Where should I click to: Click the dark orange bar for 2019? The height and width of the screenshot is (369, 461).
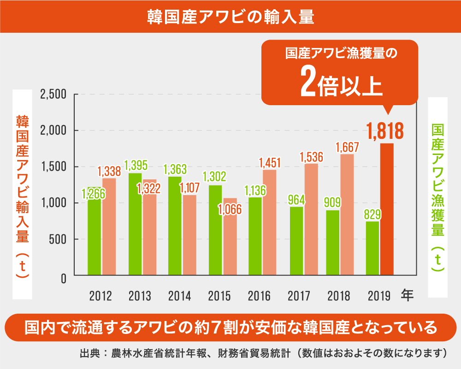[387, 210]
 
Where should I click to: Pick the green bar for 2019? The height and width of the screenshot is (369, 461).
[372, 249]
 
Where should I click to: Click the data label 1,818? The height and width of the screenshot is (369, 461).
[385, 131]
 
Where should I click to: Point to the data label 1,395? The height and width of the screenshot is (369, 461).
[136, 165]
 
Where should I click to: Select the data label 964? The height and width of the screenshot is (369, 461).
[296, 201]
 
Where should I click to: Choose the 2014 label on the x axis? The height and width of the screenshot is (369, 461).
[179, 296]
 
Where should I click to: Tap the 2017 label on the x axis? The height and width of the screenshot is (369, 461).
[299, 296]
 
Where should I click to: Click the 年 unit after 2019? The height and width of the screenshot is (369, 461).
[407, 295]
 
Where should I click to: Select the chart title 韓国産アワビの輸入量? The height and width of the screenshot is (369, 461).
[230, 17]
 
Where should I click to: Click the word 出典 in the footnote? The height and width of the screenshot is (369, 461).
[89, 354]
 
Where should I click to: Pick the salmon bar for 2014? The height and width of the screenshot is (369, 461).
[189, 235]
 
